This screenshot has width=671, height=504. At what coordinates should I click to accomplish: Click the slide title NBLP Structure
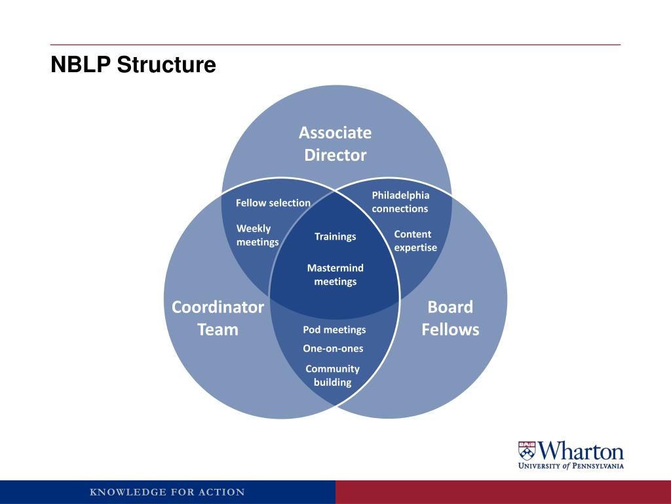point(133,65)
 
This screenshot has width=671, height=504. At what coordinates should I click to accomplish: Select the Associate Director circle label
point(335,144)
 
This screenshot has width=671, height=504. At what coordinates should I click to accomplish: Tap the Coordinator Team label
point(218,318)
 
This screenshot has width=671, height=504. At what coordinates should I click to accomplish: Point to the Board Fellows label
point(450,318)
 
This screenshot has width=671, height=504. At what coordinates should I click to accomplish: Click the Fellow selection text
point(273,203)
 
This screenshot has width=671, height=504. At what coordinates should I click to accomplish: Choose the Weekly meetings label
point(257,235)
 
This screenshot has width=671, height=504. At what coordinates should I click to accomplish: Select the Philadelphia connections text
point(400,202)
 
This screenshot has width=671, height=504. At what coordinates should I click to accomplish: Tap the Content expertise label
point(415,241)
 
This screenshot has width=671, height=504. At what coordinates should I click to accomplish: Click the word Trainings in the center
point(335,236)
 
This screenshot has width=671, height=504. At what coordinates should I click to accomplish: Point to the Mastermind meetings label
point(335,275)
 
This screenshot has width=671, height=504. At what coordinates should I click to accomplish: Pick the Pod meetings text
point(334,329)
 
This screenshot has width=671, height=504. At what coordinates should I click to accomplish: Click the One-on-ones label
point(333,348)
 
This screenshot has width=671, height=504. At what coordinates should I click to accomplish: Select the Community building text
point(332,375)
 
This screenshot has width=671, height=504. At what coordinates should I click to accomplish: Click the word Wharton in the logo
point(581,451)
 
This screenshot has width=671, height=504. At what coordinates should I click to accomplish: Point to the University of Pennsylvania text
point(571,466)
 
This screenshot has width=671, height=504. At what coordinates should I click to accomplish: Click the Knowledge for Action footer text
point(167,492)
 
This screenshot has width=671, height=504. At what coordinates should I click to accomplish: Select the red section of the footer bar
point(503,492)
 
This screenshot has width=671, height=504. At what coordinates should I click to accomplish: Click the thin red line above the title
point(335,45)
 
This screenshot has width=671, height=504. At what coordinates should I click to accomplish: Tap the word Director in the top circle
point(335,156)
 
